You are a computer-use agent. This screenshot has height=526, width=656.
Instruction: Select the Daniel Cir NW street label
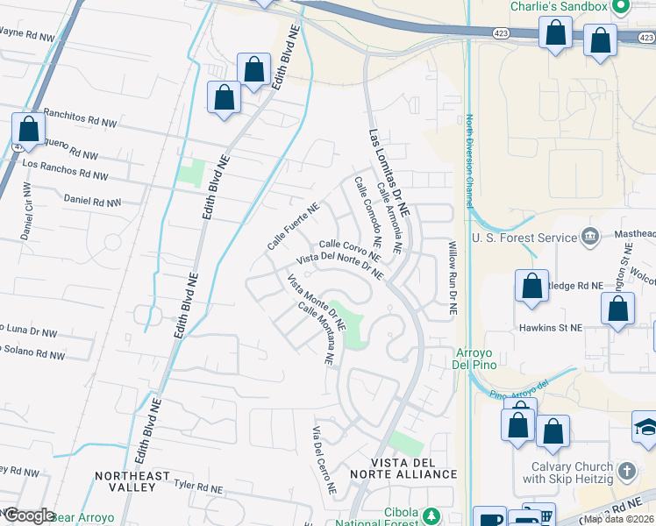pyautogui.click(x=25, y=211)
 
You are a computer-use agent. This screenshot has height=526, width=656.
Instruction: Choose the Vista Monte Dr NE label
pyautogui.click(x=317, y=302)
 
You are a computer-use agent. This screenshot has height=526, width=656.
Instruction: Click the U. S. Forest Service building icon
pyautogui.click(x=590, y=237)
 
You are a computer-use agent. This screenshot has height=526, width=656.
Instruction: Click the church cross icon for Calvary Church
pyautogui.click(x=626, y=472)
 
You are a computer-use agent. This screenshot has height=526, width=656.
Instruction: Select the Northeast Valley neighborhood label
pyautogui.click(x=132, y=481)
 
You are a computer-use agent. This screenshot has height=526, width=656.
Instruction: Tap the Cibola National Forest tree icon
pyautogui.click(x=431, y=515)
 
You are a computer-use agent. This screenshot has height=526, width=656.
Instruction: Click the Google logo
pyautogui.click(x=28, y=515)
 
